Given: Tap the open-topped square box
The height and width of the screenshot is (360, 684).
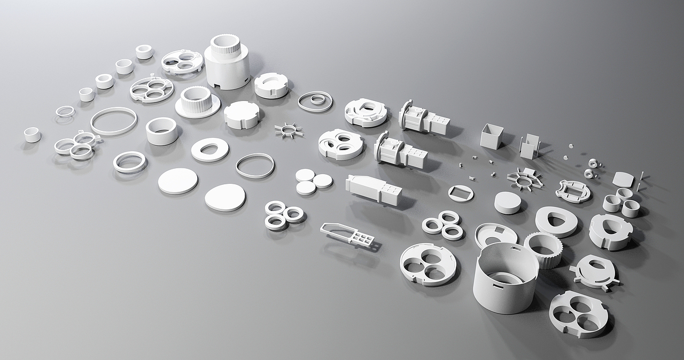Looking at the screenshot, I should (491, 137).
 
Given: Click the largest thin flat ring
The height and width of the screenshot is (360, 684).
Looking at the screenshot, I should (114, 121).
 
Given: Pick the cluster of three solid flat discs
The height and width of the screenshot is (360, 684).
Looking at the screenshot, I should (313, 181).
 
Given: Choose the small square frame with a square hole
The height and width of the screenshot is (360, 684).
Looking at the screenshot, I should (461, 193).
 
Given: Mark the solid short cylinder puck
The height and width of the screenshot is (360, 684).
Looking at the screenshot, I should (507, 203).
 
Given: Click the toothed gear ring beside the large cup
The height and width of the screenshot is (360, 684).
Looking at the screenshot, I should (543, 249).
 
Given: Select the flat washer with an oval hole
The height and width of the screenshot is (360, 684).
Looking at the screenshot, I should (209, 150).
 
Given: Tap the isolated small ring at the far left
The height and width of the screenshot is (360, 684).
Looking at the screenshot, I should (32, 135).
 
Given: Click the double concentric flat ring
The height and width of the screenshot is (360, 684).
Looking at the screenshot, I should (315, 101).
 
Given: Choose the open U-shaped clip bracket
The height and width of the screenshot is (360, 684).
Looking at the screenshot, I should (530, 146).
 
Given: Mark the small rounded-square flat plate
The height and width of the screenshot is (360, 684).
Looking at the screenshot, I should (622, 179).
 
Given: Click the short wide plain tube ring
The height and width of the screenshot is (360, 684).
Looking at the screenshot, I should (161, 131).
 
